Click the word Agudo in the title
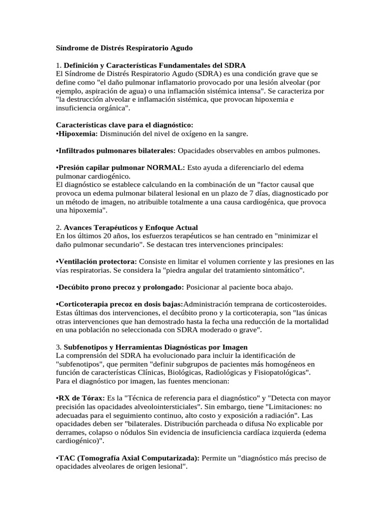pyautogui.click(x=180, y=48)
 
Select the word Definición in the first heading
pyautogui.click(x=83, y=65)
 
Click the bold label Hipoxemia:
pyautogui.click(x=77, y=134)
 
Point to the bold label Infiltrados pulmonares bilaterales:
pyautogui.click(x=117, y=151)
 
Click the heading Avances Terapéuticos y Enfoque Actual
pyautogui.click(x=131, y=227)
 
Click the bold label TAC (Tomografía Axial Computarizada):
pyautogui.click(x=128, y=458)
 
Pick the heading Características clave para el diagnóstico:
pyautogui.click(x=124, y=125)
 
